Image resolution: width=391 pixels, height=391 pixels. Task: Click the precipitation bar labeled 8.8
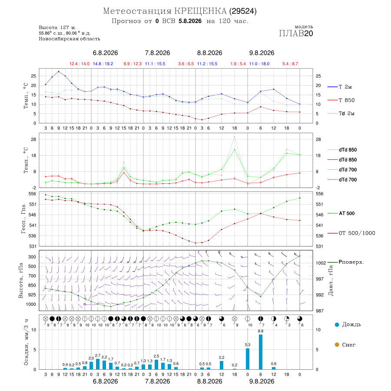(x=261, y=352)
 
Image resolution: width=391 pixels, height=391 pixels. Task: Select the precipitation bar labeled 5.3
(x=248, y=359)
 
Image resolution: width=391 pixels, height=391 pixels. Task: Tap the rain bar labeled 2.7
(x=98, y=364)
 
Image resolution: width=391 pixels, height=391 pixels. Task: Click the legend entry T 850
(x=341, y=100)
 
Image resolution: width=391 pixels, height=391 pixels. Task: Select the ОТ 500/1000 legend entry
(x=351, y=233)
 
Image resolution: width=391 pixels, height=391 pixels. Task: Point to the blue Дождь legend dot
(x=337, y=325)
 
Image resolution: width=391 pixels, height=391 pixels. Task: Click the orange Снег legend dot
(x=337, y=345)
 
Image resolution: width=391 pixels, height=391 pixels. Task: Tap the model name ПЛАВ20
(x=296, y=33)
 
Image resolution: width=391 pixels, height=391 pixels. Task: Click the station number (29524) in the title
(x=243, y=11)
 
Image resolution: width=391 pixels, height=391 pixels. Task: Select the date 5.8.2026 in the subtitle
(x=190, y=21)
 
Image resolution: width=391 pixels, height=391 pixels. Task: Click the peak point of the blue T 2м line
(x=59, y=72)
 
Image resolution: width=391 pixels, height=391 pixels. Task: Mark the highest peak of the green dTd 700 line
(x=235, y=149)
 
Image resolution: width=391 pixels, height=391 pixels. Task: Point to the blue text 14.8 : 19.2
(x=103, y=64)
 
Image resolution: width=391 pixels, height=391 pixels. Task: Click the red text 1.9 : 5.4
(x=238, y=64)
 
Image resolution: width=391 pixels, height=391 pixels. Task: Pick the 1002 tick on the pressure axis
(x=321, y=263)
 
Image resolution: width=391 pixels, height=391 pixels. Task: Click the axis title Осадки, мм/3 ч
(x=26, y=342)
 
